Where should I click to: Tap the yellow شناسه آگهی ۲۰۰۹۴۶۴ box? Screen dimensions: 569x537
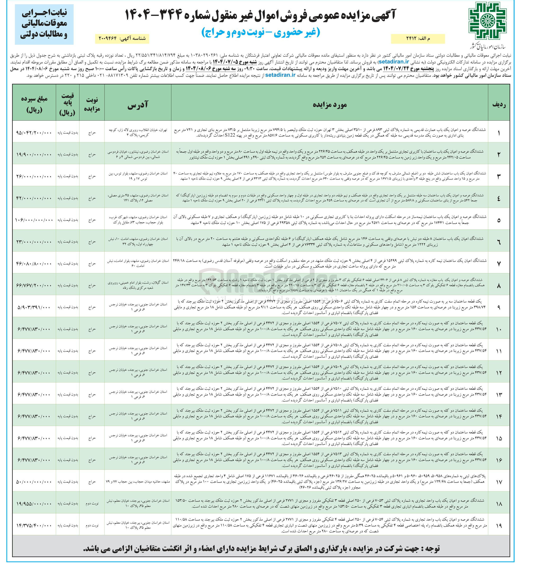pyautogui.click(x=122, y=38)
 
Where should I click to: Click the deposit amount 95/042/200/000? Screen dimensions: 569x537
pyautogui.click(x=34, y=133)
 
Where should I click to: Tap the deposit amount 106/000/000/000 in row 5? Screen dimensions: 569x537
pyautogui.click(x=34, y=220)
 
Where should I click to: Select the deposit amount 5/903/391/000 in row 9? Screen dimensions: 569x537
pyautogui.click(x=34, y=307)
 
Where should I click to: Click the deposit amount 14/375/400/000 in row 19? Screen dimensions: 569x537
pyautogui.click(x=34, y=525)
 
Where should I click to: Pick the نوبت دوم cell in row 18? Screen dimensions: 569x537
pyautogui.click(x=92, y=504)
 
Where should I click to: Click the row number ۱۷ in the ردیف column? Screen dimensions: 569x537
pyautogui.click(x=499, y=482)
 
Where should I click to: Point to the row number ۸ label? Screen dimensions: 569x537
pyautogui.click(x=499, y=285)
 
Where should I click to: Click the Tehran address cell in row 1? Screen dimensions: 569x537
pyautogui.click(x=138, y=132)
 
